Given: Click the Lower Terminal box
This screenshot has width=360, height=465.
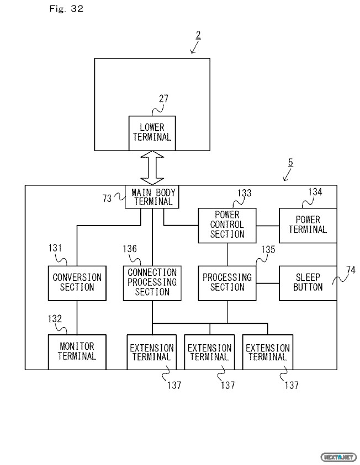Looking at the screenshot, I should [152, 133].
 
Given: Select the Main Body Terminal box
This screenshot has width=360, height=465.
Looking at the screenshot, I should [152, 197].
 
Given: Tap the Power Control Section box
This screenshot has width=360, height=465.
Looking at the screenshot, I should [227, 225].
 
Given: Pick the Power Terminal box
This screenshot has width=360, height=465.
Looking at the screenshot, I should [308, 225].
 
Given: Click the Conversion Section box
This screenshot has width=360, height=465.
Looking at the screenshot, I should [77, 282].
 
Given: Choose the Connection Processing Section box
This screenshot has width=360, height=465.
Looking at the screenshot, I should [152, 282].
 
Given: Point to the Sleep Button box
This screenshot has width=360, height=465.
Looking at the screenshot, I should [308, 282].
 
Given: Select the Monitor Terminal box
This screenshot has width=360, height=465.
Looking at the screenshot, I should [77, 351].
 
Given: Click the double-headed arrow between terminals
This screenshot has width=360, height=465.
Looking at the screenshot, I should [152, 168].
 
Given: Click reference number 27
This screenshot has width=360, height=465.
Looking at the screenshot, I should [163, 99].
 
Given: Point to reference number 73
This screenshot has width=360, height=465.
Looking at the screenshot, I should [107, 197].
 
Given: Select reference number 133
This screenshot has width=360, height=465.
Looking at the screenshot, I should [244, 193].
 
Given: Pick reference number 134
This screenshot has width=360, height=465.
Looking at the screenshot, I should [315, 192].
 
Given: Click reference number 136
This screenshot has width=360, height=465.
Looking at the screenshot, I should [130, 249].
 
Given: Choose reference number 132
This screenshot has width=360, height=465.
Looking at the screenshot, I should [55, 318].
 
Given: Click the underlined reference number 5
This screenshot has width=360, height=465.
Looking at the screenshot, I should [291, 163].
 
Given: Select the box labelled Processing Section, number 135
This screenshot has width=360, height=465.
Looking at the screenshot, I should [227, 282].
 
